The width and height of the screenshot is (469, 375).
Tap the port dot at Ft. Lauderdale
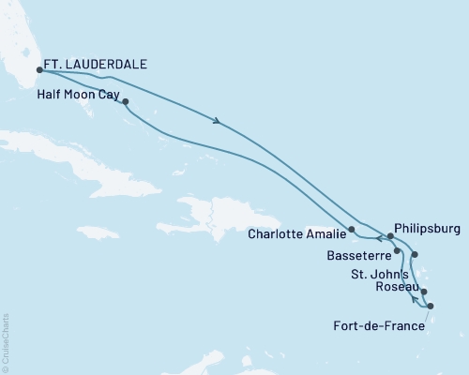point(39,68)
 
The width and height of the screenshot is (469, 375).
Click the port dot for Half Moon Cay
point(125,102)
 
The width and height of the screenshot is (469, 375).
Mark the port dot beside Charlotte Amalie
point(352,229)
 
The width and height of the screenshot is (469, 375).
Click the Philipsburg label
point(429,226)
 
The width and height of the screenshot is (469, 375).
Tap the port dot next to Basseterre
point(398,251)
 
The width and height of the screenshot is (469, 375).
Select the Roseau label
point(396,287)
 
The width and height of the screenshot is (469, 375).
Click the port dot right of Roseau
point(424,292)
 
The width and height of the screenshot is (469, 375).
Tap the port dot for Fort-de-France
point(431,307)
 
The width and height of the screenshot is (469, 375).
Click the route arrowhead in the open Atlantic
point(219,120)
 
